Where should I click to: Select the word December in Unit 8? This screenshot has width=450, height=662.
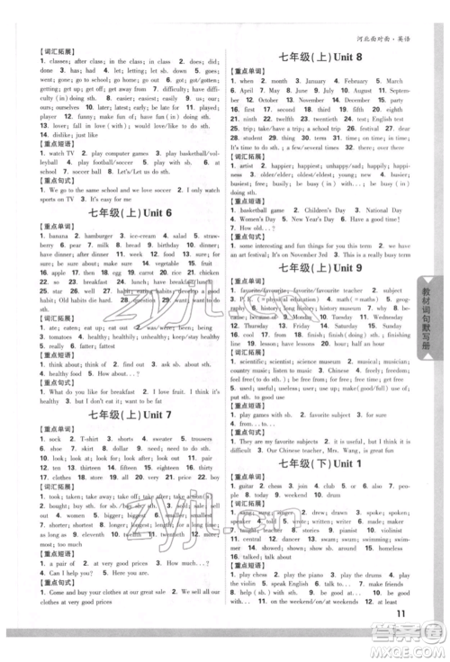click(377, 103)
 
